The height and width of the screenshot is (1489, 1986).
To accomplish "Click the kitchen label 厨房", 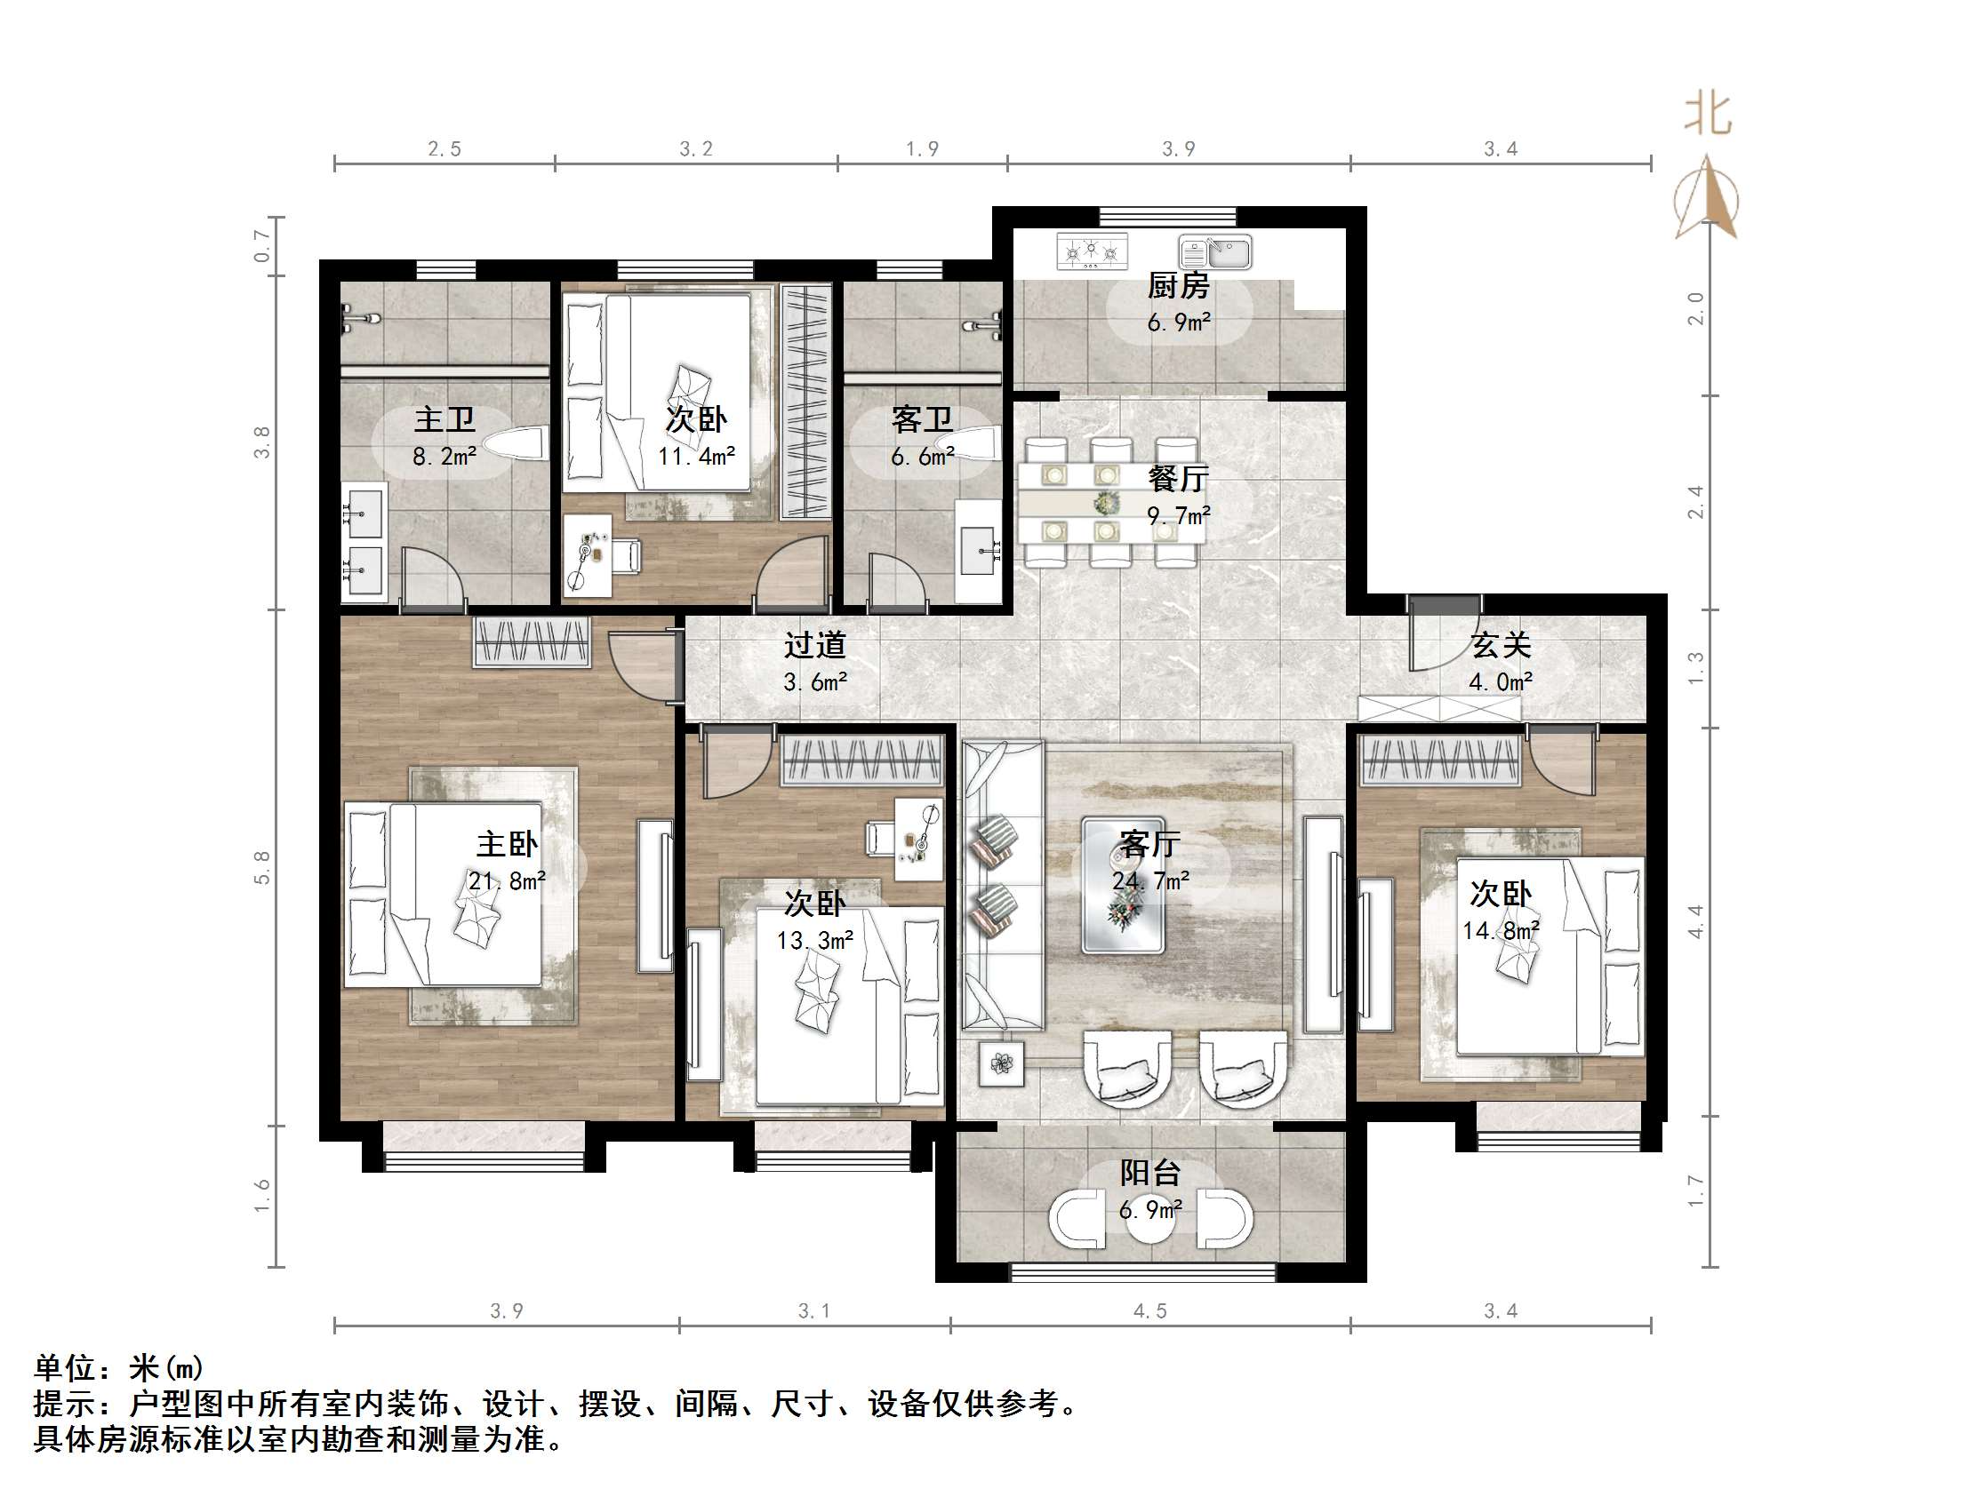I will click(1178, 286).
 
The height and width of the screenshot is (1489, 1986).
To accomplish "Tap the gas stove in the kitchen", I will click(1092, 251).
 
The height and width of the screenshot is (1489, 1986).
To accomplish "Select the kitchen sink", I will click(1215, 252).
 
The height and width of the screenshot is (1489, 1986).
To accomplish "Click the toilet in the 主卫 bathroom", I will click(517, 442).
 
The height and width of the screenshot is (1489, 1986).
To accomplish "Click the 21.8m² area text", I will click(507, 881).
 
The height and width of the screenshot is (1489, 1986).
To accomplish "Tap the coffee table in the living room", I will click(1123, 885).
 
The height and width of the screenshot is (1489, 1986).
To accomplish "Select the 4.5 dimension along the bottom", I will click(1149, 1311).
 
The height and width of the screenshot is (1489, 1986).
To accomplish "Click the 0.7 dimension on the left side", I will click(261, 245).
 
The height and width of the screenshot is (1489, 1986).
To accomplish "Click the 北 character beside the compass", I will click(1707, 115).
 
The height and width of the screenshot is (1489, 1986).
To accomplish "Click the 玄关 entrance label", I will click(1501, 645).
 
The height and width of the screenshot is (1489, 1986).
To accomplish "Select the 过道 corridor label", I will click(814, 645).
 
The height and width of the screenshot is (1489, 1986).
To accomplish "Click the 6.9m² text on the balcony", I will click(1150, 1210).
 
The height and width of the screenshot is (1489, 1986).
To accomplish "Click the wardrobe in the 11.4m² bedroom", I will click(805, 402).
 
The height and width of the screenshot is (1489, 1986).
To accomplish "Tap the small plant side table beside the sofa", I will click(1001, 1063).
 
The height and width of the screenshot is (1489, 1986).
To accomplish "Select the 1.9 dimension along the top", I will click(922, 149).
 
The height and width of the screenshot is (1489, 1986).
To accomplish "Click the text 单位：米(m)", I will click(119, 1368).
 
